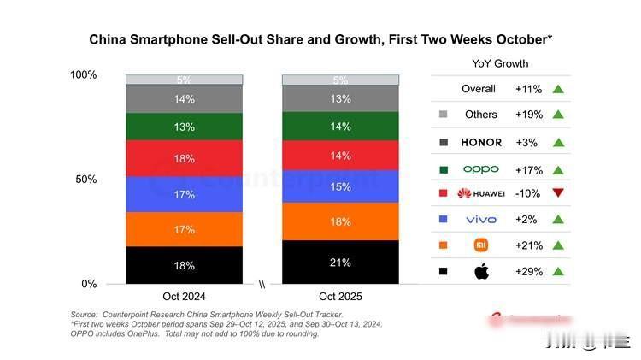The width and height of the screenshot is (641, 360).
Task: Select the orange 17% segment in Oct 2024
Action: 184,229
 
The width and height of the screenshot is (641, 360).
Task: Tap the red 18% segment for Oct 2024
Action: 184,158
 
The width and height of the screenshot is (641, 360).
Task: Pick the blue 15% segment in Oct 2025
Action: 340,186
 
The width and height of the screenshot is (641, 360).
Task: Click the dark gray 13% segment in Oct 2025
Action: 340,98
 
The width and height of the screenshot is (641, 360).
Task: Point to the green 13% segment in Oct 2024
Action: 184,127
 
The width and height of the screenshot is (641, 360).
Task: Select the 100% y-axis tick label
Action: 83,75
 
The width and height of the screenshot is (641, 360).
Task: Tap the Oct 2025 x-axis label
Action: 340,297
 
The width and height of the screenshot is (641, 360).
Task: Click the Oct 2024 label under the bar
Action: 184,297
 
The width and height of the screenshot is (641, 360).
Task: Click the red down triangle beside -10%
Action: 558,193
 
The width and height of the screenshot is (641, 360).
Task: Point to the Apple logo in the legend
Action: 481,272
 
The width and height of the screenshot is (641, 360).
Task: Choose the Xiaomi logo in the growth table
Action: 481,245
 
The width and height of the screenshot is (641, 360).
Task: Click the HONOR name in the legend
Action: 480,142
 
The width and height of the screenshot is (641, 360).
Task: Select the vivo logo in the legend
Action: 481,220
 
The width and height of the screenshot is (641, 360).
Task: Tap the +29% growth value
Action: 526,272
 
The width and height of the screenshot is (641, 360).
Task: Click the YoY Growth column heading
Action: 500,63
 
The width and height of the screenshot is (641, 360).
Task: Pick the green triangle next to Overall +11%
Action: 558,89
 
